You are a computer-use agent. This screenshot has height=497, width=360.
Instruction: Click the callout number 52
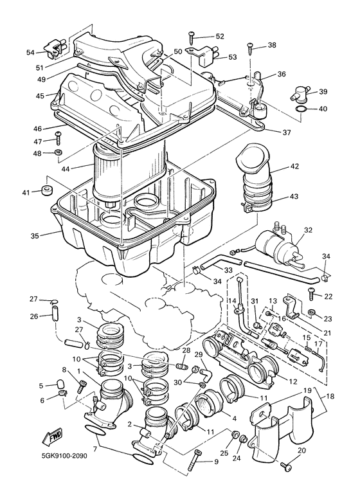[220, 37]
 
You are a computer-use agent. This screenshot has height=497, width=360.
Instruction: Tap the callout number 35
[35, 235]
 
